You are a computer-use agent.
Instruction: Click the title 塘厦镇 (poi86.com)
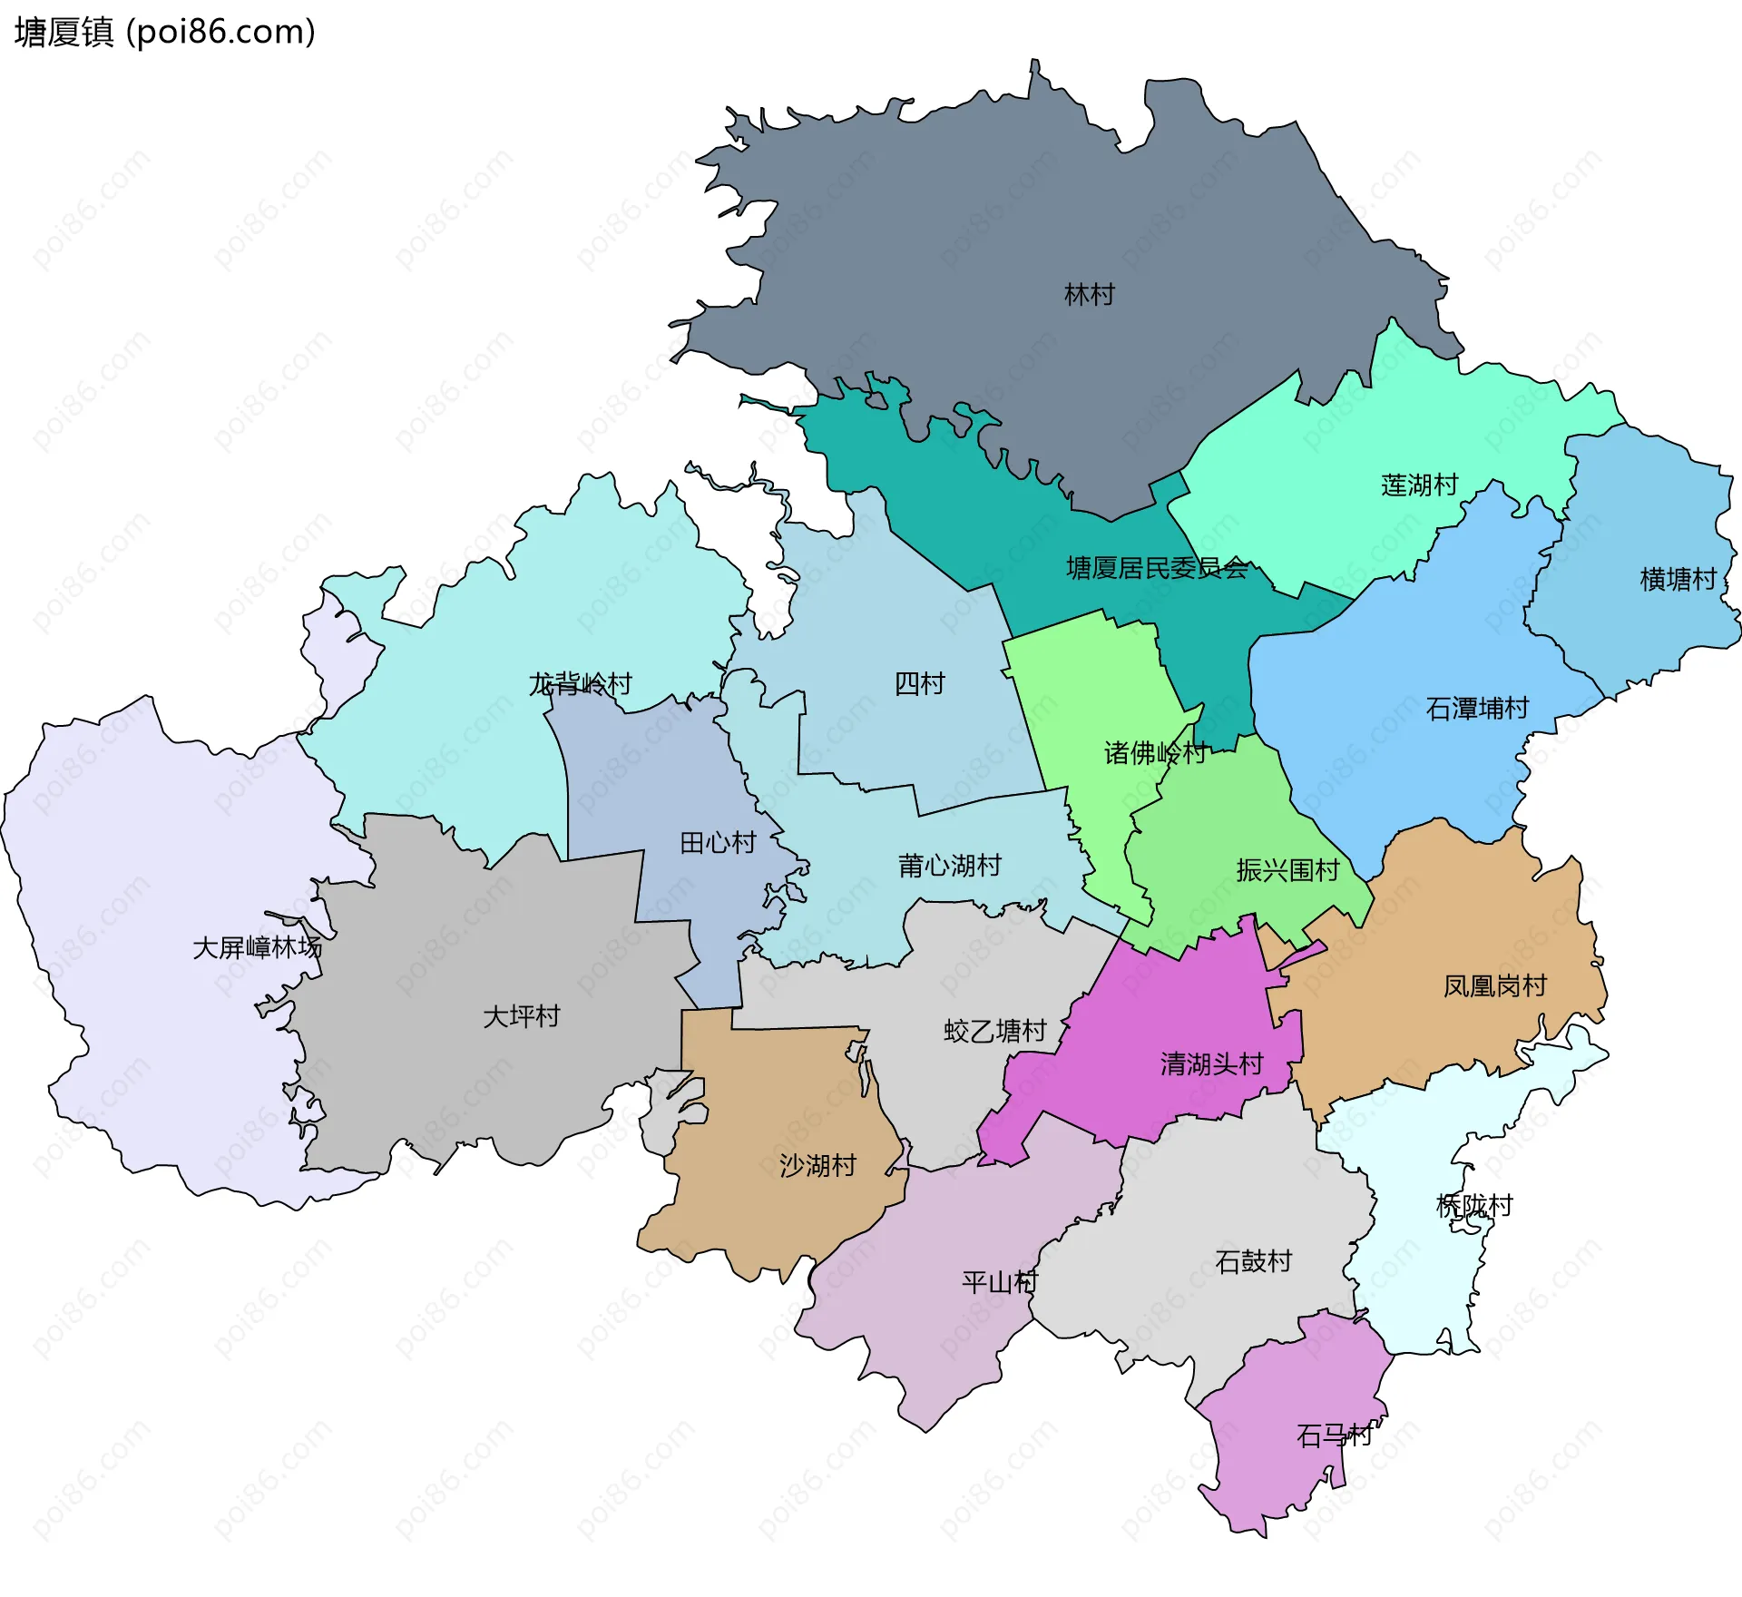[x=164, y=32]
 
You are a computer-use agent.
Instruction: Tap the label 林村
[x=1089, y=294]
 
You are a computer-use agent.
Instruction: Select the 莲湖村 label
[x=1419, y=485]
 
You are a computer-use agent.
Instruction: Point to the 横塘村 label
[x=1678, y=579]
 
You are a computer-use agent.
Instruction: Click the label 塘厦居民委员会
[x=1157, y=568]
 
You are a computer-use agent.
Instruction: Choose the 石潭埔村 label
[x=1477, y=708]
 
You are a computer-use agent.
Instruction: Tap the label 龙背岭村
[x=580, y=683]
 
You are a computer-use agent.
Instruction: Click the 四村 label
[x=919, y=683]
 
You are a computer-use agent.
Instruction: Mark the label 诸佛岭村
[x=1154, y=752]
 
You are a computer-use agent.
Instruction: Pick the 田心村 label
[x=718, y=842]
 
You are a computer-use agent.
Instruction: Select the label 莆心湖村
[x=949, y=865]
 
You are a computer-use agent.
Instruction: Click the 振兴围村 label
[x=1287, y=870]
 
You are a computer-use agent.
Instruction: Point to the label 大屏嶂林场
[x=257, y=947]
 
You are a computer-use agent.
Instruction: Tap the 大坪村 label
[x=521, y=1015]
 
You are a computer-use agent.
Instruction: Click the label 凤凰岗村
[x=1494, y=985]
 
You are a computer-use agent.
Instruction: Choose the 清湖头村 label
[x=1211, y=1063]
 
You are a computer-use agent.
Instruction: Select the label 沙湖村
[x=817, y=1165]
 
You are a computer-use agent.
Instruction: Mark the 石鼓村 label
[x=1253, y=1261]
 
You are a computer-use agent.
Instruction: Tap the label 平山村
[x=999, y=1282]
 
